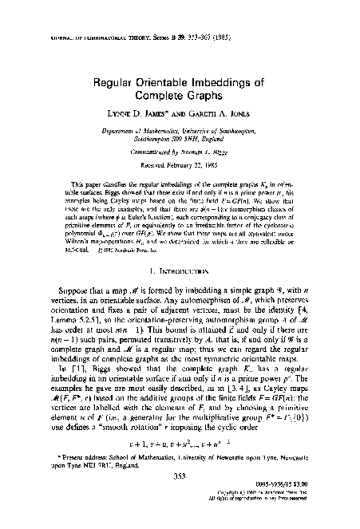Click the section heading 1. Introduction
pos(179,281)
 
